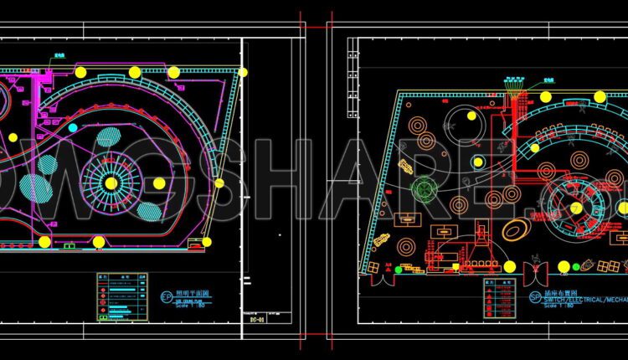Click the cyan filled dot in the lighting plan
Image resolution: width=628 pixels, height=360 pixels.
click(73, 127)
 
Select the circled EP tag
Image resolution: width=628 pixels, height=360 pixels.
click(165, 296)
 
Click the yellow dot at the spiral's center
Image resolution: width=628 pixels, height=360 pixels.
click(111, 183)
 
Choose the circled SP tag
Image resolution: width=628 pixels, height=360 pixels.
click(534, 298)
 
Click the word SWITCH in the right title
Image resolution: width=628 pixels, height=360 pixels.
click(556, 298)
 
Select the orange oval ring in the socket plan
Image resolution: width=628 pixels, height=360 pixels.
click(515, 227)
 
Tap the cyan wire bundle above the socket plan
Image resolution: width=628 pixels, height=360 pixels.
click(512, 84)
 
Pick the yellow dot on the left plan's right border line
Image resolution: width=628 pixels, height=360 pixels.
click(243, 72)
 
